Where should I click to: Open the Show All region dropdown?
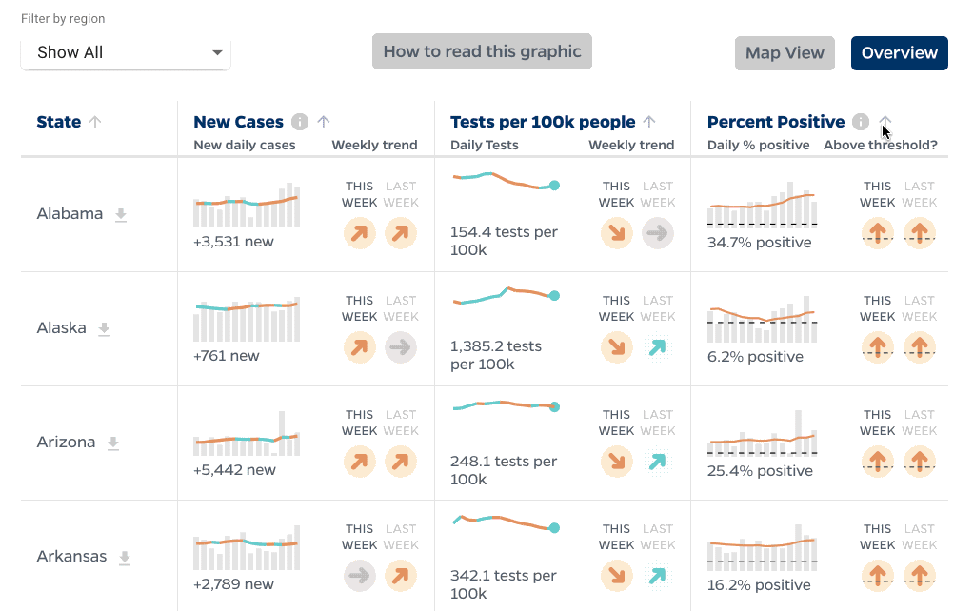[125, 52]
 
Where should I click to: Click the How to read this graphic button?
[482, 51]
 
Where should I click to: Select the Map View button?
[785, 53]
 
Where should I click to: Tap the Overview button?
[899, 53]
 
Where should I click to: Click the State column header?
[59, 122]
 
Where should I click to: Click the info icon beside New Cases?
[300, 122]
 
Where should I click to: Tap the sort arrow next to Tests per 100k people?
[649, 122]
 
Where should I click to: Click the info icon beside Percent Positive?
[861, 122]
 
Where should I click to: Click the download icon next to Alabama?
[121, 215]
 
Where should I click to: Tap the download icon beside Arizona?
[113, 443]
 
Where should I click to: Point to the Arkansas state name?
[71, 556]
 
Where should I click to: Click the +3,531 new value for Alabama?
[233, 242]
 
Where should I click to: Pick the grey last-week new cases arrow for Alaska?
[401, 347]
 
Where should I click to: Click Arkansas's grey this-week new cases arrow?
[360, 575]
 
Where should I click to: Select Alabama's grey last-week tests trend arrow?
[658, 233]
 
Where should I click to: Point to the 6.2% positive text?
[755, 357]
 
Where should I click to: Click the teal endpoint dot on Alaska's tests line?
[555, 296]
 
